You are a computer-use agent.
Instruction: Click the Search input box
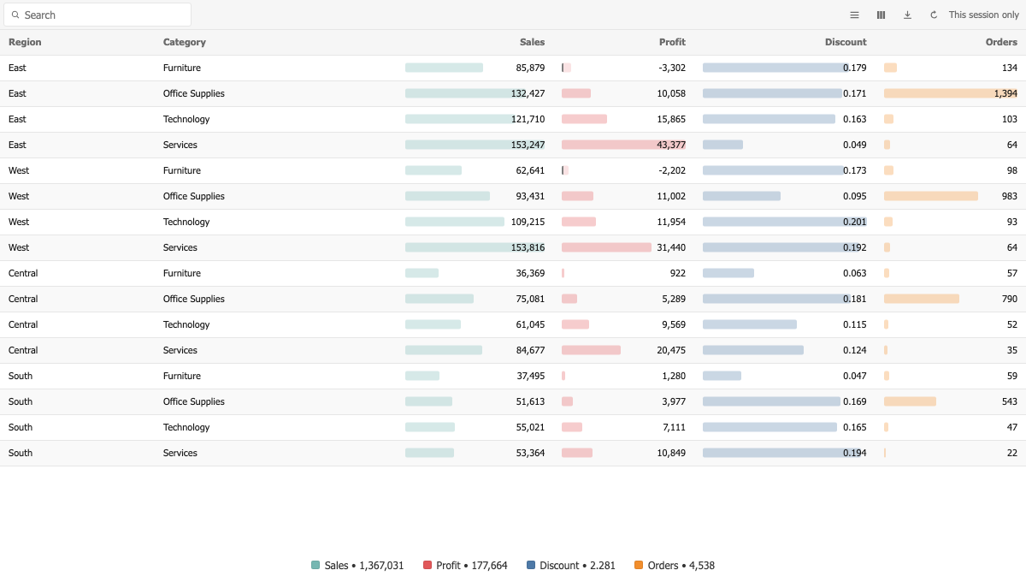97,15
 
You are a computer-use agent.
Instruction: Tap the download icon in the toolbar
907,15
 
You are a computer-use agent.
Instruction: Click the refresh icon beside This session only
934,15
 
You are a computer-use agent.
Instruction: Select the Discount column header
846,42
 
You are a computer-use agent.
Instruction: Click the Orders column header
1001,42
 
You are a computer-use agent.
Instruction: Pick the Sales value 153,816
528,247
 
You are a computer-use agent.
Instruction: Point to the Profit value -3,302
672,68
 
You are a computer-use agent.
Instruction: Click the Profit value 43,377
671,145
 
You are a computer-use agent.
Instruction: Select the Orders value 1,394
1005,93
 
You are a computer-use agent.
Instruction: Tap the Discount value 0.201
855,222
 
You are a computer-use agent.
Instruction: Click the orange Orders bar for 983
931,196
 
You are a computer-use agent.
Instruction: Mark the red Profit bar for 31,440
606,247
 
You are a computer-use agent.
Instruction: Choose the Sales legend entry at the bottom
357,566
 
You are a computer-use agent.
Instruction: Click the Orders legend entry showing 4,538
675,566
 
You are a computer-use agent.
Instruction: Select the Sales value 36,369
530,273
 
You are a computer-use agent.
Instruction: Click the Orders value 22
1011,453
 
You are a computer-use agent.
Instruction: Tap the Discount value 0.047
855,376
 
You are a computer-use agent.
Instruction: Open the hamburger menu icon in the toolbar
854,15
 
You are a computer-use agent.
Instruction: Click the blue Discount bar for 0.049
722,145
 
